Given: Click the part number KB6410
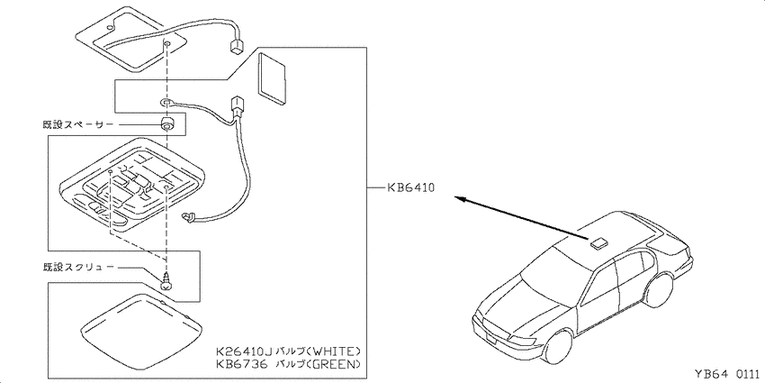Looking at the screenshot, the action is click(x=409, y=187).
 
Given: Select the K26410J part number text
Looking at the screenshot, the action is click(x=243, y=351).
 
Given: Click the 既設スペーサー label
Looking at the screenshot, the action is click(x=78, y=125).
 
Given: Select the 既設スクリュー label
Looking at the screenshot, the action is click(x=78, y=268).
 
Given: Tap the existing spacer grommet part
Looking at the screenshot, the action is click(x=166, y=125).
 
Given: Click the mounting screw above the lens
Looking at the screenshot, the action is click(x=166, y=282).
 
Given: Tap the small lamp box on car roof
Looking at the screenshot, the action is click(x=598, y=242).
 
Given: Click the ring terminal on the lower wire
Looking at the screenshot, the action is click(x=166, y=102).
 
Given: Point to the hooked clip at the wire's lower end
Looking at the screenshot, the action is click(x=187, y=218).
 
